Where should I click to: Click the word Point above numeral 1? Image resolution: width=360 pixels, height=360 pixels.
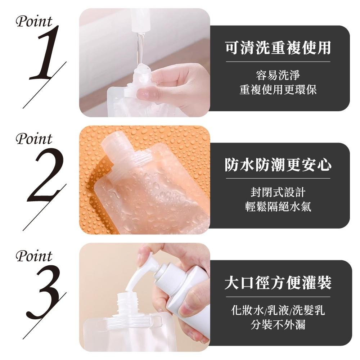pos(34,22)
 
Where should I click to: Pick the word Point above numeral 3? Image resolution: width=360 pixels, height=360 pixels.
pos(34,257)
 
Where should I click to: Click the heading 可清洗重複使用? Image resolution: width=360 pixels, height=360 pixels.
pos(278,48)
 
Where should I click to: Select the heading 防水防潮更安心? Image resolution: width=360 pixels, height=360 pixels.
pos(278,165)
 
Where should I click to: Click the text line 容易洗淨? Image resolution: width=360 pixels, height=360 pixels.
pos(278,76)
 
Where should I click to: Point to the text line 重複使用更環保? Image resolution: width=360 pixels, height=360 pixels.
pos(278,90)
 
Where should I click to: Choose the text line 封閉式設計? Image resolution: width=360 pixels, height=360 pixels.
pos(278,192)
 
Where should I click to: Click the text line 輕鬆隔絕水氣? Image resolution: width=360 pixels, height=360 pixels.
pos(278,207)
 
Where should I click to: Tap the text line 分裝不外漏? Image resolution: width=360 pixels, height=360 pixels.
pos(278,324)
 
